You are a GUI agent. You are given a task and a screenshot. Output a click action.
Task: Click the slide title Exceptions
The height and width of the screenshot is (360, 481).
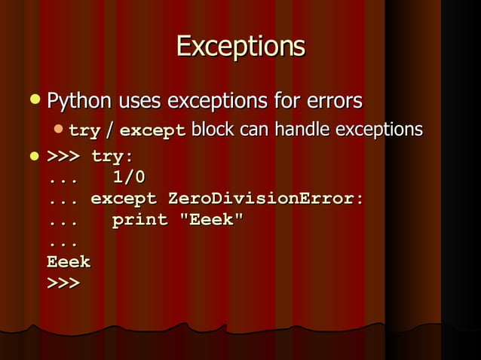240,47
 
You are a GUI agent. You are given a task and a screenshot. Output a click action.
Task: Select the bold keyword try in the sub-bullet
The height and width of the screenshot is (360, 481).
84,131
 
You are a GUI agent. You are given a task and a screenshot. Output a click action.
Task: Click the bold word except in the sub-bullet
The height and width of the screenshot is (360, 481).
152,131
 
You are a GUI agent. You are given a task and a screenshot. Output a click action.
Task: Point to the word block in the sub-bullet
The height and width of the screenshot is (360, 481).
212,130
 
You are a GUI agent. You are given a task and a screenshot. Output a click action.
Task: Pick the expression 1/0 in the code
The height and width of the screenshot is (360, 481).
129,178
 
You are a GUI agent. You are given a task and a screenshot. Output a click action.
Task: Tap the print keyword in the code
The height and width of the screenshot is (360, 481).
139,220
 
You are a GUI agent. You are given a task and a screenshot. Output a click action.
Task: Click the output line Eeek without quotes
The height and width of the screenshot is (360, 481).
69,262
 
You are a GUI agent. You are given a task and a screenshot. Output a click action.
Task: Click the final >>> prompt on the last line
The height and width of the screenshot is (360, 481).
63,283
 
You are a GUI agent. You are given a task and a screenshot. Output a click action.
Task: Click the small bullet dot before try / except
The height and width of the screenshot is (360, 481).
58,130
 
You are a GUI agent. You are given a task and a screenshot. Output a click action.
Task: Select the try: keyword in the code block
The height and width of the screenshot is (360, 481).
112,157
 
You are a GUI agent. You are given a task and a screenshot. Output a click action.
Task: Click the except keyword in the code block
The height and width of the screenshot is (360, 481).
124,199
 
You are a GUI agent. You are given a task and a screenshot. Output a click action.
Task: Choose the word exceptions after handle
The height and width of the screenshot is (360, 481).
378,130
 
